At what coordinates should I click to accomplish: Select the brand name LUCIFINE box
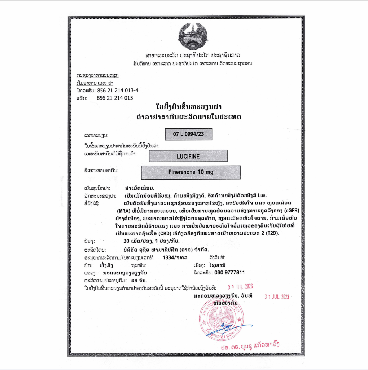point(188,156)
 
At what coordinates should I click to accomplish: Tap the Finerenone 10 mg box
point(190,172)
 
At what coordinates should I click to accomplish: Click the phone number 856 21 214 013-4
point(118,91)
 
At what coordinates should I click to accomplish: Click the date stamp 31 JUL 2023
point(277,297)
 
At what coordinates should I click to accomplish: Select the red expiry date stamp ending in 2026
point(241,287)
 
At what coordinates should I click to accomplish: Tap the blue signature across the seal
point(231,327)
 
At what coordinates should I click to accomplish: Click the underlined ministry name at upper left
point(97,75)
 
